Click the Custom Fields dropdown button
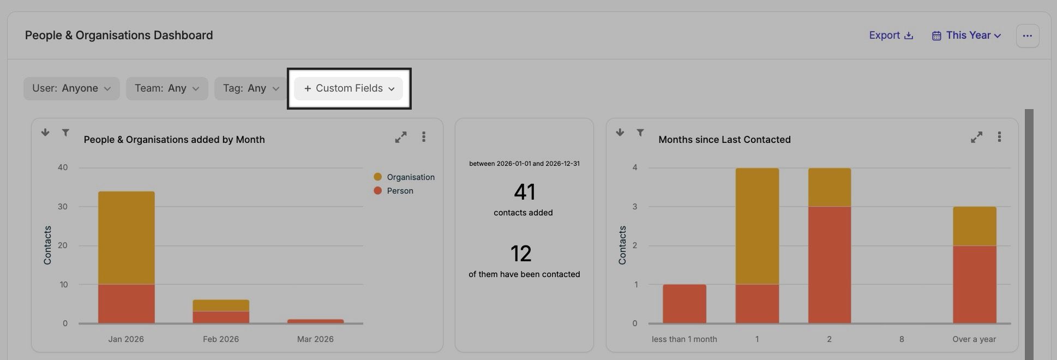point(349,88)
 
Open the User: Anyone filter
point(71,88)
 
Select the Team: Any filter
point(166,88)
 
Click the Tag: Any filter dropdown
point(250,88)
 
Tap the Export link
point(891,35)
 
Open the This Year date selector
point(966,35)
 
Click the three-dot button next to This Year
point(1027,36)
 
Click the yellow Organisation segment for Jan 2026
point(126,237)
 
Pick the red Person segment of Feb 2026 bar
point(220,317)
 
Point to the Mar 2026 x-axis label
point(315,339)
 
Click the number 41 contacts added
point(524,192)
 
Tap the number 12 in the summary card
point(521,254)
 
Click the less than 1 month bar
point(684,304)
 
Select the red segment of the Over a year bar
point(974,284)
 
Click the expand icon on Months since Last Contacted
point(976,137)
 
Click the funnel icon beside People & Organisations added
point(65,133)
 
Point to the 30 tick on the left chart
point(63,207)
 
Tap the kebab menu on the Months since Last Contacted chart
point(999,137)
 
